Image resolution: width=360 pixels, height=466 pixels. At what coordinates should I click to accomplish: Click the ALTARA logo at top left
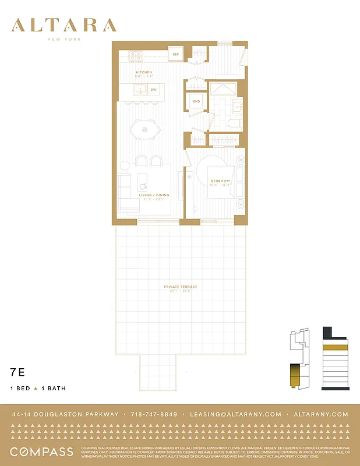click(x=64, y=26)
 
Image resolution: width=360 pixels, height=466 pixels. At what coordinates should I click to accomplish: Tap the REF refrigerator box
click(x=175, y=55)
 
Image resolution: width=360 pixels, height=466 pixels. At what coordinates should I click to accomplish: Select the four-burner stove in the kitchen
click(x=136, y=56)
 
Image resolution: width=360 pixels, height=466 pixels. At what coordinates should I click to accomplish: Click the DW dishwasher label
click(x=154, y=90)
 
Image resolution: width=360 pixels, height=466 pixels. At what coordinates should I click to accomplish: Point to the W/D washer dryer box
click(x=196, y=102)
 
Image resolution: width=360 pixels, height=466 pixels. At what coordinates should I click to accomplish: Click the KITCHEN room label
click(x=143, y=73)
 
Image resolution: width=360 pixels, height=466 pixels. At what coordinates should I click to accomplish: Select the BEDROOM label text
click(x=220, y=181)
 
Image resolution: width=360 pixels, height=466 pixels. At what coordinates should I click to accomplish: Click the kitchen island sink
click(x=140, y=89)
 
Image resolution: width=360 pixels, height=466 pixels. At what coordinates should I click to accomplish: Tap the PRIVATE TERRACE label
click(x=181, y=287)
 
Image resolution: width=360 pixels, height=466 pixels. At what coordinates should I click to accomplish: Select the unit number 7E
click(x=17, y=371)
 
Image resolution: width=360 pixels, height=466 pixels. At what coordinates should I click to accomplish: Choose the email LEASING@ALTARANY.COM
click(x=235, y=414)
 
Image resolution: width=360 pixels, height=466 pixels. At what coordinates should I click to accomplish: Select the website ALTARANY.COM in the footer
click(x=321, y=414)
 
